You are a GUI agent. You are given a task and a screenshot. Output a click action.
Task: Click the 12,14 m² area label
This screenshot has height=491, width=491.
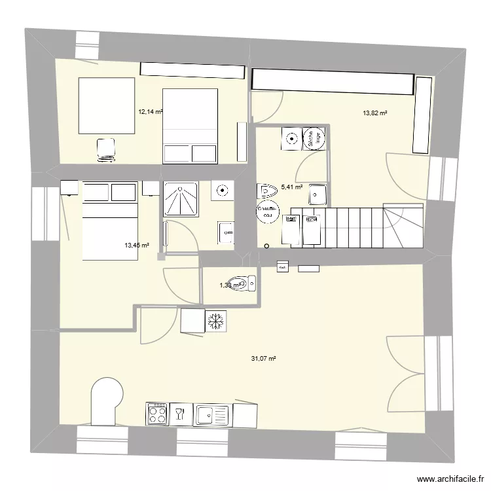tap(149, 112)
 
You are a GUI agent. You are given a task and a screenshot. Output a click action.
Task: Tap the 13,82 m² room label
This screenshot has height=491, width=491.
tap(374, 113)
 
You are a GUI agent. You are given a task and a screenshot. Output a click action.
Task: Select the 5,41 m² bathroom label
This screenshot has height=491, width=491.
tap(291, 187)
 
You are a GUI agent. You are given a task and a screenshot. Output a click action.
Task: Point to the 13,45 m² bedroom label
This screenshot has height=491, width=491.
tap(137, 245)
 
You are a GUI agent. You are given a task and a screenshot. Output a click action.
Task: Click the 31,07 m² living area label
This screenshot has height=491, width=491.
tap(263, 358)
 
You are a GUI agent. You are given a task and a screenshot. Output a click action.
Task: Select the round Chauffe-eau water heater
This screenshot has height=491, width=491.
tap(268, 212)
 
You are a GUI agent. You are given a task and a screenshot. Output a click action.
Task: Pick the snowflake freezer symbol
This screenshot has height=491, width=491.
tap(216, 321)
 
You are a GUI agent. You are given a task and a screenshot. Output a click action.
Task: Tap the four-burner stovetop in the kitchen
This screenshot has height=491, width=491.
tap(157, 413)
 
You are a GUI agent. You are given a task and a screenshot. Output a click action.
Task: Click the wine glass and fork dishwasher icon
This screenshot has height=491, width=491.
tap(179, 413)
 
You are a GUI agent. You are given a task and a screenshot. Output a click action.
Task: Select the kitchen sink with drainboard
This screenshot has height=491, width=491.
tap(213, 414)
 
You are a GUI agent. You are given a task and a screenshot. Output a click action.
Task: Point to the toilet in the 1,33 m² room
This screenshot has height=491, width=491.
tap(247, 283)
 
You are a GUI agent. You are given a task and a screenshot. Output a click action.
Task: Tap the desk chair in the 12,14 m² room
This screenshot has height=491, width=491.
tap(105, 149)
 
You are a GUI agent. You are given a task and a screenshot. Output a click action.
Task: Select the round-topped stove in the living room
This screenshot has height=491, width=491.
tap(105, 401)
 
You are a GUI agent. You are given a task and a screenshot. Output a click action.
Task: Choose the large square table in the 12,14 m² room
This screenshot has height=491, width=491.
tap(107, 105)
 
